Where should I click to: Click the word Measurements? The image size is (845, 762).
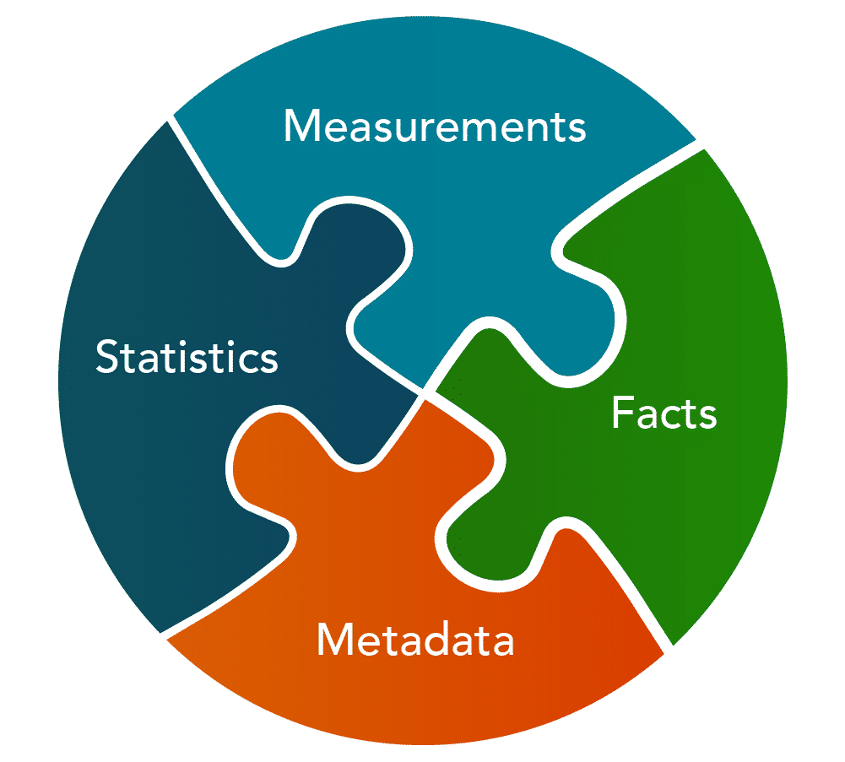tap(435, 126)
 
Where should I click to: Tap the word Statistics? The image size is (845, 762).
tap(187, 356)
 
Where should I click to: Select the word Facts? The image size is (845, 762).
tap(664, 413)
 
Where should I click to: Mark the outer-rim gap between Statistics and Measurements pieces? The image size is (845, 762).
tap(170, 118)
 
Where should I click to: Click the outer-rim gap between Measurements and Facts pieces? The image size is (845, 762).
tap(700, 144)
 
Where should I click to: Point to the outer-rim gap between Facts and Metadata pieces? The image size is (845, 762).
tap(669, 650)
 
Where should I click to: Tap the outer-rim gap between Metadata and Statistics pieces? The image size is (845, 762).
tap(163, 636)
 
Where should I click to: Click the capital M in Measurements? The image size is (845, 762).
tap(302, 126)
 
